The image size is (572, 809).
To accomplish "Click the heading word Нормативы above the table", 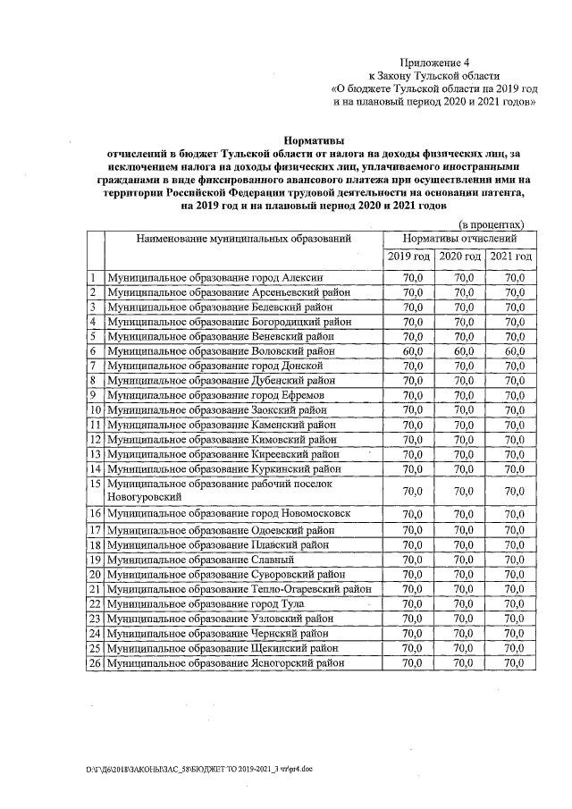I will [x=313, y=140].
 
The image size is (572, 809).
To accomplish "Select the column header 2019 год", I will [x=409, y=257].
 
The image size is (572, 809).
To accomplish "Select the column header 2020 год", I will [x=461, y=257].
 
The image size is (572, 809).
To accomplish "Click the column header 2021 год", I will [x=512, y=257].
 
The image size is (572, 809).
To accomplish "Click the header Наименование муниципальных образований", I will [x=243, y=240].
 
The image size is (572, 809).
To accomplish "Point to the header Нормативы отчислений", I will [x=460, y=240].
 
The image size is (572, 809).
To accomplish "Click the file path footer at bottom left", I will [x=199, y=769].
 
